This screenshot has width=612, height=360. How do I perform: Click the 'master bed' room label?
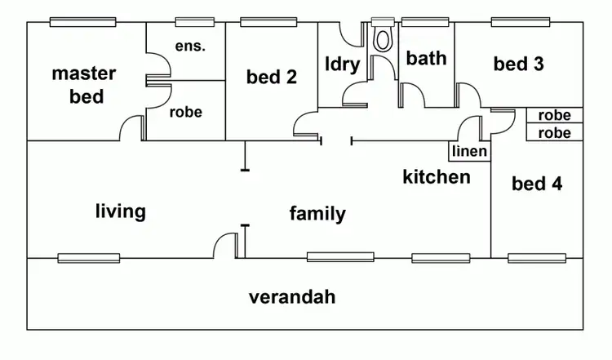83,85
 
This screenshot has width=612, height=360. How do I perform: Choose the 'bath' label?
426,58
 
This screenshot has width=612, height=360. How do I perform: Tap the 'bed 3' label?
518,64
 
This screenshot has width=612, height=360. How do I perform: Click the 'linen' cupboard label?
469,152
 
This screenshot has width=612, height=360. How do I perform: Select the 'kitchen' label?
436,176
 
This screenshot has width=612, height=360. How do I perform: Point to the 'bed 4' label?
536,183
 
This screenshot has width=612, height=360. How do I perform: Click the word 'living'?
120,211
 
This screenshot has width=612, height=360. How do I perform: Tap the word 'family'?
317,214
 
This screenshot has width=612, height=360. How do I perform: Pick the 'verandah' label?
291,296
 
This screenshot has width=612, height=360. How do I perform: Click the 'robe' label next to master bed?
185,113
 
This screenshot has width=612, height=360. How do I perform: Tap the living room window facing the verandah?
88,258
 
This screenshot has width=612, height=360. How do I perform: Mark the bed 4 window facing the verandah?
536,258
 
